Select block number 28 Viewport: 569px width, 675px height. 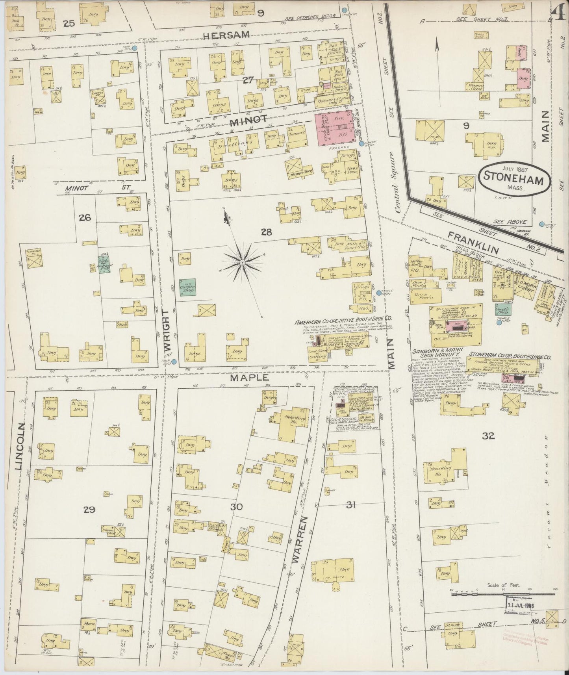tap(267, 233)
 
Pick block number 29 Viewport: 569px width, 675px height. tap(89, 510)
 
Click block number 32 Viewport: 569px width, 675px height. tap(490, 436)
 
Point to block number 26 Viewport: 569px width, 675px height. tap(85, 217)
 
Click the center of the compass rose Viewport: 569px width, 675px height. tap(243, 262)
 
